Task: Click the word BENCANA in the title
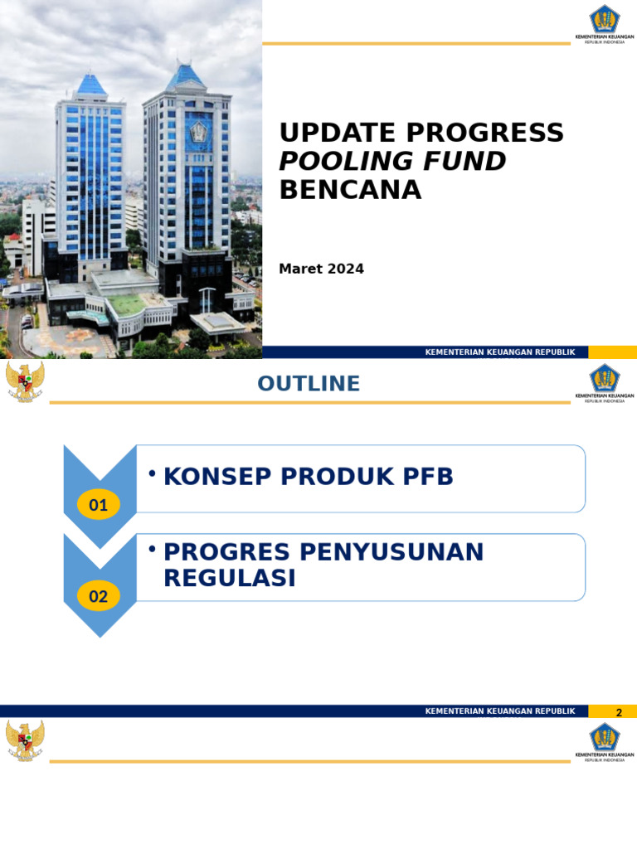click(350, 190)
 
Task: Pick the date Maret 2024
click(321, 269)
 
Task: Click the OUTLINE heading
click(309, 384)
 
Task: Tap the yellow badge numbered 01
click(99, 504)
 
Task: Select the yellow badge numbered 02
click(99, 595)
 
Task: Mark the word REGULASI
click(230, 579)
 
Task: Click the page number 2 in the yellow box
click(618, 712)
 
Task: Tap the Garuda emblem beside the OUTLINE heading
click(25, 382)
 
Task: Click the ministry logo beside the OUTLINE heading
click(605, 382)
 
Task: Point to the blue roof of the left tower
click(91, 84)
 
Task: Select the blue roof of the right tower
click(186, 76)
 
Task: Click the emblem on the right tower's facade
click(198, 131)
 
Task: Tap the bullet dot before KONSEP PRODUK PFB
click(152, 473)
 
